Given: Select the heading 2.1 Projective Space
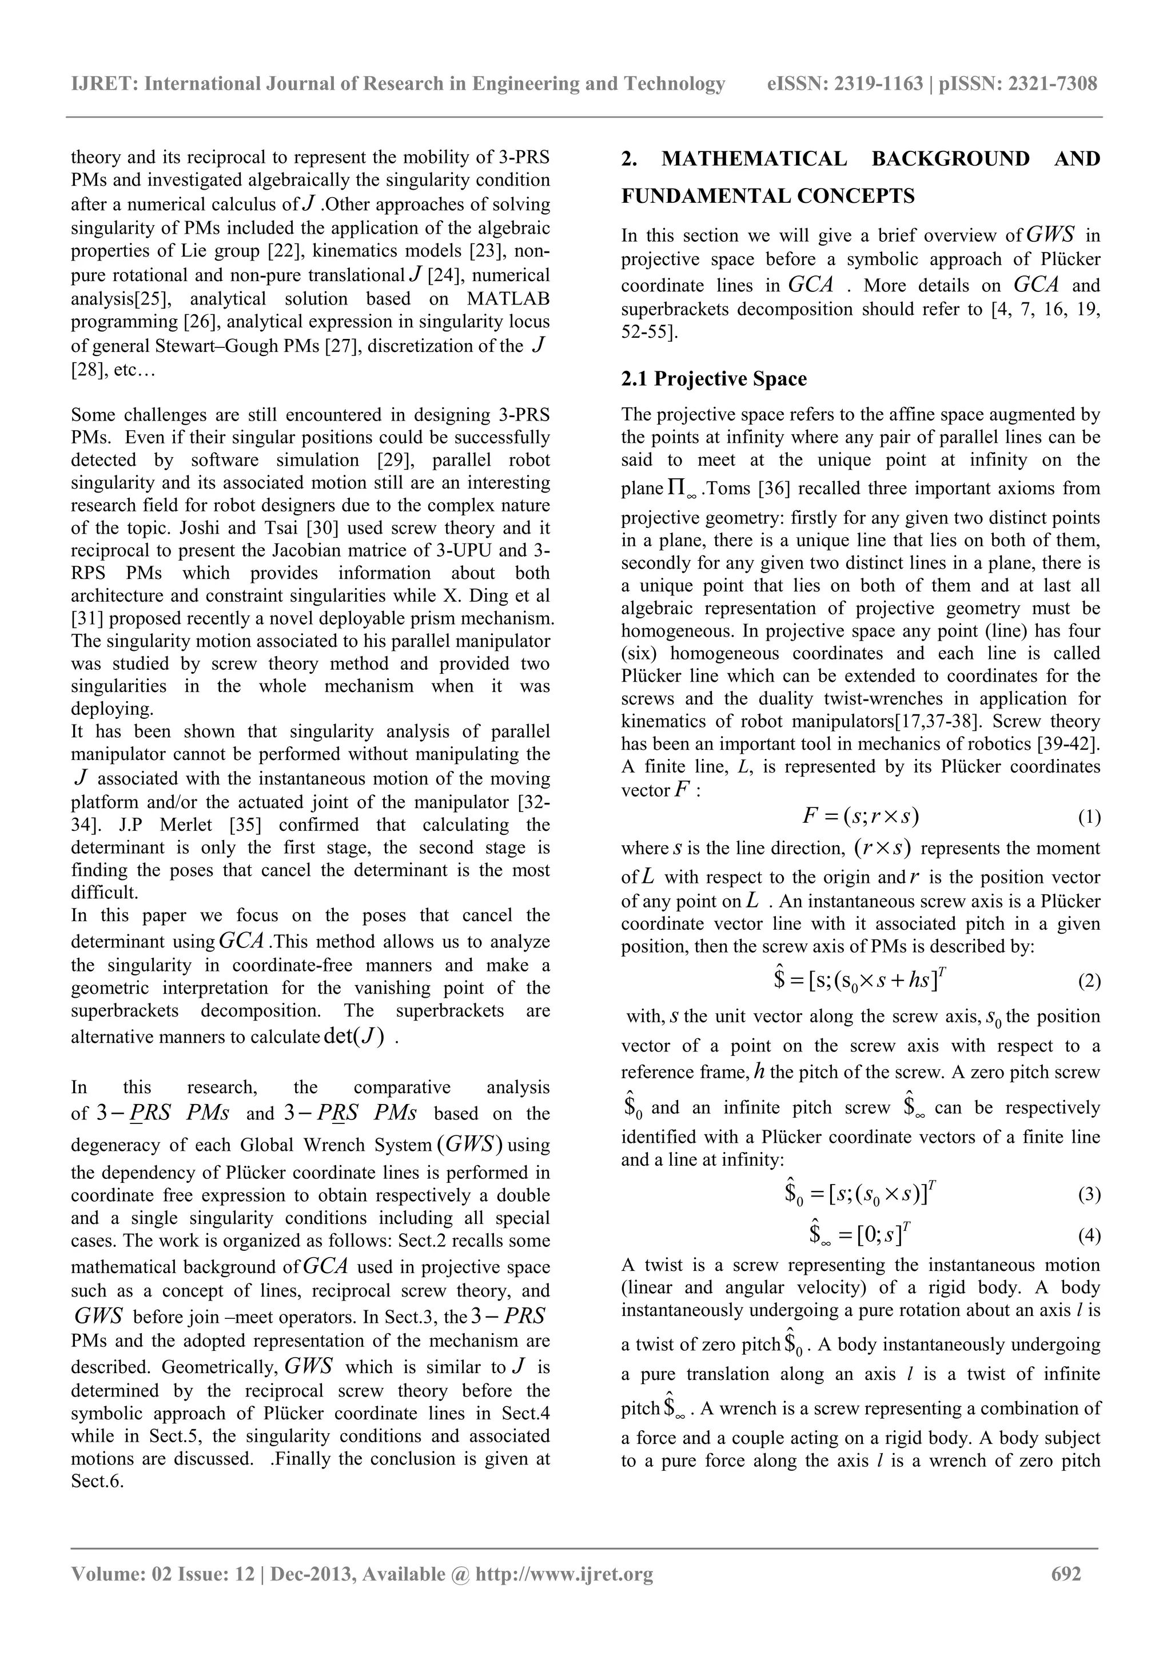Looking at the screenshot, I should pos(714,379).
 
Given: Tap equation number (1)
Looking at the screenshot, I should pos(1089,817).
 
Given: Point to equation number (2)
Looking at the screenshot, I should pos(1089,981).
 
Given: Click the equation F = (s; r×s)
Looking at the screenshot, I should pos(860,817).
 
